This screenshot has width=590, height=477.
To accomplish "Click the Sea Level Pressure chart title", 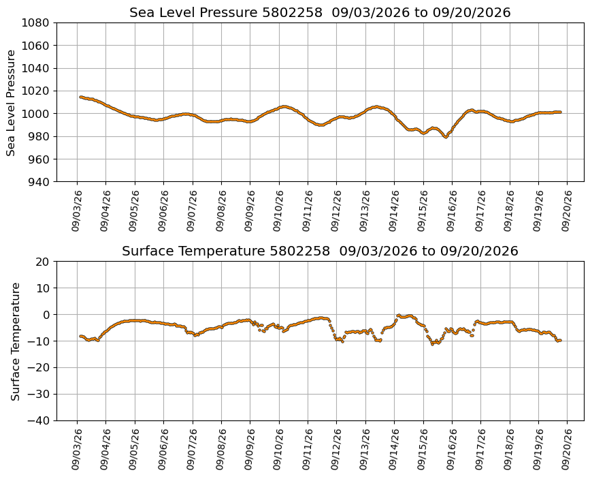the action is [320, 12].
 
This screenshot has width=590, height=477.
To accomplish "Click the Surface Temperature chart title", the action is [320, 251].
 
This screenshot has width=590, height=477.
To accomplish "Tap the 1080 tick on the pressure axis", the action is [35, 23].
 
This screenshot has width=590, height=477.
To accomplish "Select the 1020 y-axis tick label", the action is [35, 91].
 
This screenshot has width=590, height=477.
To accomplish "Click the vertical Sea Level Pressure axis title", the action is [11, 103].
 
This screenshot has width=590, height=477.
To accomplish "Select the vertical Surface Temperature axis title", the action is [15, 342].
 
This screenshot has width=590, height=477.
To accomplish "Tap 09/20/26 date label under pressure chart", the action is [567, 211].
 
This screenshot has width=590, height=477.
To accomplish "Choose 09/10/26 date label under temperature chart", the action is [278, 449].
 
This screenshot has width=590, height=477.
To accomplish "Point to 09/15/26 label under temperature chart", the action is [423, 449].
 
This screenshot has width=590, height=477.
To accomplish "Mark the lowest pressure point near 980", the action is [446, 137].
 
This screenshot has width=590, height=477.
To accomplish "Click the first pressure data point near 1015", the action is [80, 97].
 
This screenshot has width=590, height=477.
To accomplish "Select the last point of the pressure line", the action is [560, 112].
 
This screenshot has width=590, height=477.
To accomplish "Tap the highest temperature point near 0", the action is [398, 315].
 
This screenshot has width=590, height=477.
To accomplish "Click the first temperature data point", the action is [80, 336].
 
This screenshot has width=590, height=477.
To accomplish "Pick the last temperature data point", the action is [560, 340].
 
